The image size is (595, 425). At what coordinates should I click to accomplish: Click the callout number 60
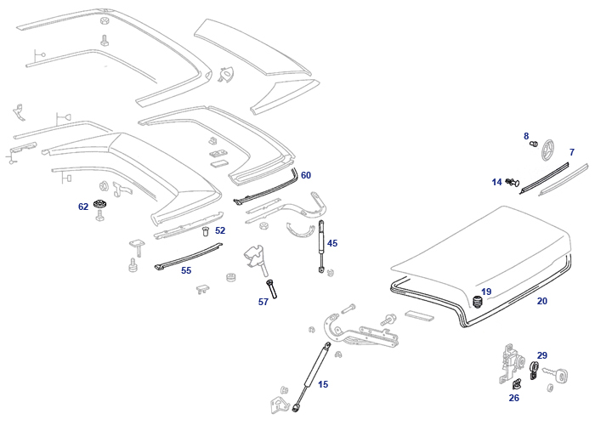coord(305,175)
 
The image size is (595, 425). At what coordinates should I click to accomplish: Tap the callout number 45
coord(332,243)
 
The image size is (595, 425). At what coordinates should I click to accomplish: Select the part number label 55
coord(186,270)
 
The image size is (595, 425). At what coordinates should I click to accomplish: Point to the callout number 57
coord(263,302)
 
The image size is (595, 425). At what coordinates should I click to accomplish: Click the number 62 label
coord(83,207)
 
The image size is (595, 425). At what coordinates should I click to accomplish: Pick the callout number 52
coord(220,230)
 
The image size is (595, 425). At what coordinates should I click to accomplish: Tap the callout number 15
coord(323,384)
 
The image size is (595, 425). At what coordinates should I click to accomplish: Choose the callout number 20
coord(542,301)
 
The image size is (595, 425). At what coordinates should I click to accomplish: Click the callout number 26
coord(513,398)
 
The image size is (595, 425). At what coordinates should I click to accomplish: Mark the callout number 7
coord(572,152)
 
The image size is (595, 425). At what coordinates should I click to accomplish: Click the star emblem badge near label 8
coord(547,150)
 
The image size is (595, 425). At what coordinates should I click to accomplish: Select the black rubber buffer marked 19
coord(477,301)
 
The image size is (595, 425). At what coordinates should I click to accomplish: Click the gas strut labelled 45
coord(322,246)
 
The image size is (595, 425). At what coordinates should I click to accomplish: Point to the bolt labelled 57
coord(272,289)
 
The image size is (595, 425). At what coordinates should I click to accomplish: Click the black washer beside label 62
coord(99,204)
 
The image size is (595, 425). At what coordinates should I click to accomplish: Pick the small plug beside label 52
coord(206,230)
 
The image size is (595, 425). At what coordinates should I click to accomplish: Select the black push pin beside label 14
coord(513,182)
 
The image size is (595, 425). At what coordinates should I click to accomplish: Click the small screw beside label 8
coord(534,144)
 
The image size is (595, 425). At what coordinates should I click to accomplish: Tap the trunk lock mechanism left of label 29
coord(511,364)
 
